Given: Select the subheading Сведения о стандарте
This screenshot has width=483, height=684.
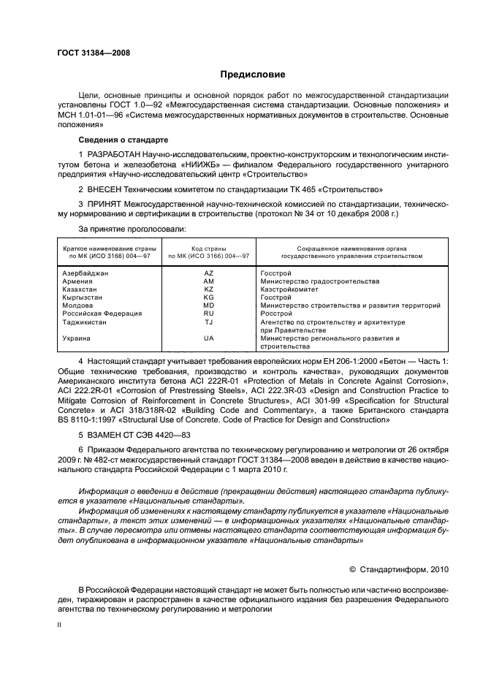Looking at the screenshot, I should (x=123, y=139).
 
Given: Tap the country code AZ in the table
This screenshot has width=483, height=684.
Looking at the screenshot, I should (x=208, y=273).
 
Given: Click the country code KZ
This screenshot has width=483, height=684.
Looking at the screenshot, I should (x=208, y=289).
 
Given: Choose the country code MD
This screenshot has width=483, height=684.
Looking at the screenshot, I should (x=208, y=305).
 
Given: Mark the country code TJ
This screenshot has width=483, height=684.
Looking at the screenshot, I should (x=208, y=322).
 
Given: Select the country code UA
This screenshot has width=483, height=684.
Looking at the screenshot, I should (x=208, y=338).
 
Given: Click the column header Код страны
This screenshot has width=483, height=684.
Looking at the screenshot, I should (x=208, y=249).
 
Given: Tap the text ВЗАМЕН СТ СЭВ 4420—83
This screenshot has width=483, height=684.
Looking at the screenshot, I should (x=136, y=434).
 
